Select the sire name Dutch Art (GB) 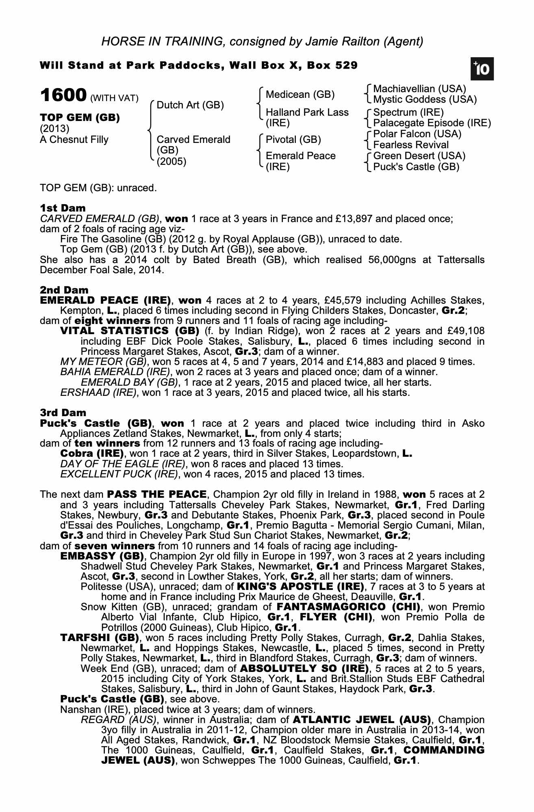tap(190, 105)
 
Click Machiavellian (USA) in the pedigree tap(419, 89)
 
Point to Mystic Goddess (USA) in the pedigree tap(425, 99)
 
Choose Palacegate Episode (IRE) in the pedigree tap(432, 123)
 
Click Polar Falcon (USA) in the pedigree tap(417, 134)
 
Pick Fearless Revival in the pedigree tap(411, 145)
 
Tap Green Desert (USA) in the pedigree tap(419, 156)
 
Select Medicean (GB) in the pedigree tap(300, 95)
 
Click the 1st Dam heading tap(63, 208)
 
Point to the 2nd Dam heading tap(64, 290)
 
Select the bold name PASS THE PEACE tap(157, 495)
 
